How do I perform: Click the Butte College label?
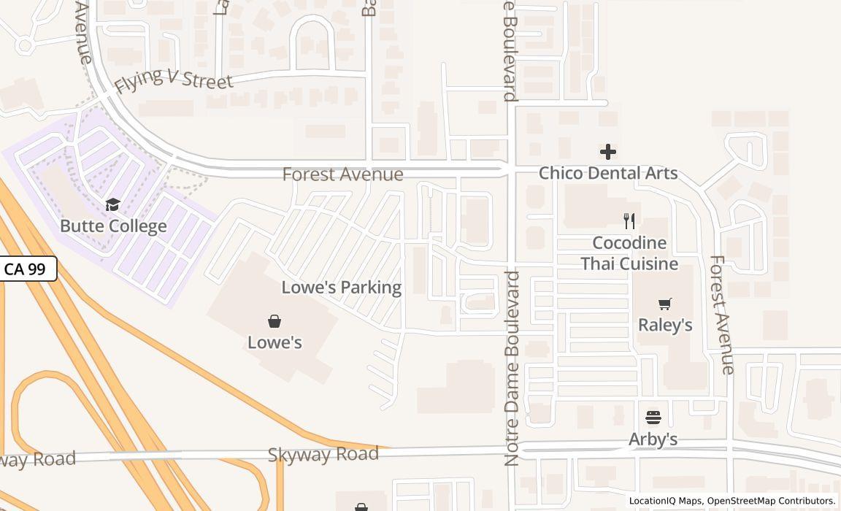113,226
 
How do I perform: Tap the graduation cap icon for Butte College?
112,204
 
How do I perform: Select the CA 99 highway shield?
26,269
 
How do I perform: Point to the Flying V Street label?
173,77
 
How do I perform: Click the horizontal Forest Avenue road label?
342,174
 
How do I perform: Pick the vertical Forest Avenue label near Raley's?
721,314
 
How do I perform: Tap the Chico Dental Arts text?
608,174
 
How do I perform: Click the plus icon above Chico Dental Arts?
608,152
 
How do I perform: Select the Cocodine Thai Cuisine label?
629,253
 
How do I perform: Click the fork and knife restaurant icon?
629,220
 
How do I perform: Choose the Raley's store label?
665,325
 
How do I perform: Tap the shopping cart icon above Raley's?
665,304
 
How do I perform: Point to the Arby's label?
653,439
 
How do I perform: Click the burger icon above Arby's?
653,418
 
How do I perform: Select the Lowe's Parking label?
341,288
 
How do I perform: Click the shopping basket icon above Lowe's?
274,321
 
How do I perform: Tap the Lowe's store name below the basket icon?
274,342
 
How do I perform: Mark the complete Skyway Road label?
323,455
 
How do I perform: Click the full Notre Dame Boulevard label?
512,368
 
